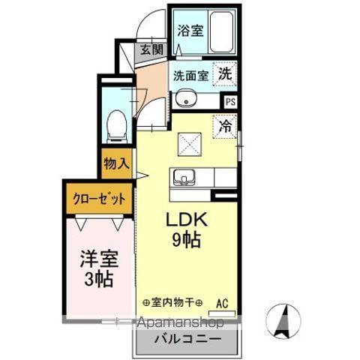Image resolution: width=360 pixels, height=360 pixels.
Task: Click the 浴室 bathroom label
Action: coord(190,31)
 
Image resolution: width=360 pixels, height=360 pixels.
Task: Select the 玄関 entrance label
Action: coord(151,50)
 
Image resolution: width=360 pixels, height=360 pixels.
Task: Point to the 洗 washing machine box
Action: coord(224,74)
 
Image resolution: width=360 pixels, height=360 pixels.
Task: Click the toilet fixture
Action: coord(117,124)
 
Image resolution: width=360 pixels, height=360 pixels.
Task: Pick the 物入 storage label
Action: coord(116,163)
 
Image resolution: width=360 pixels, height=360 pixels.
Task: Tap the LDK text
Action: coord(187,223)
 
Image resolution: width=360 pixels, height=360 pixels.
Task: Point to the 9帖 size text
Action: coord(187,242)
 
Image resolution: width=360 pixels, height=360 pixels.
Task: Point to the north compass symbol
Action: coord(283,321)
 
